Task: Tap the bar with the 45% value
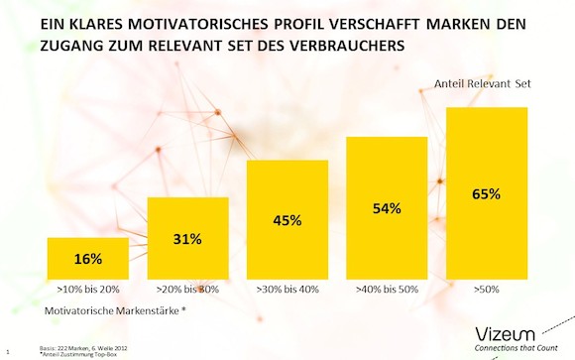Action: pos(287,219)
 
